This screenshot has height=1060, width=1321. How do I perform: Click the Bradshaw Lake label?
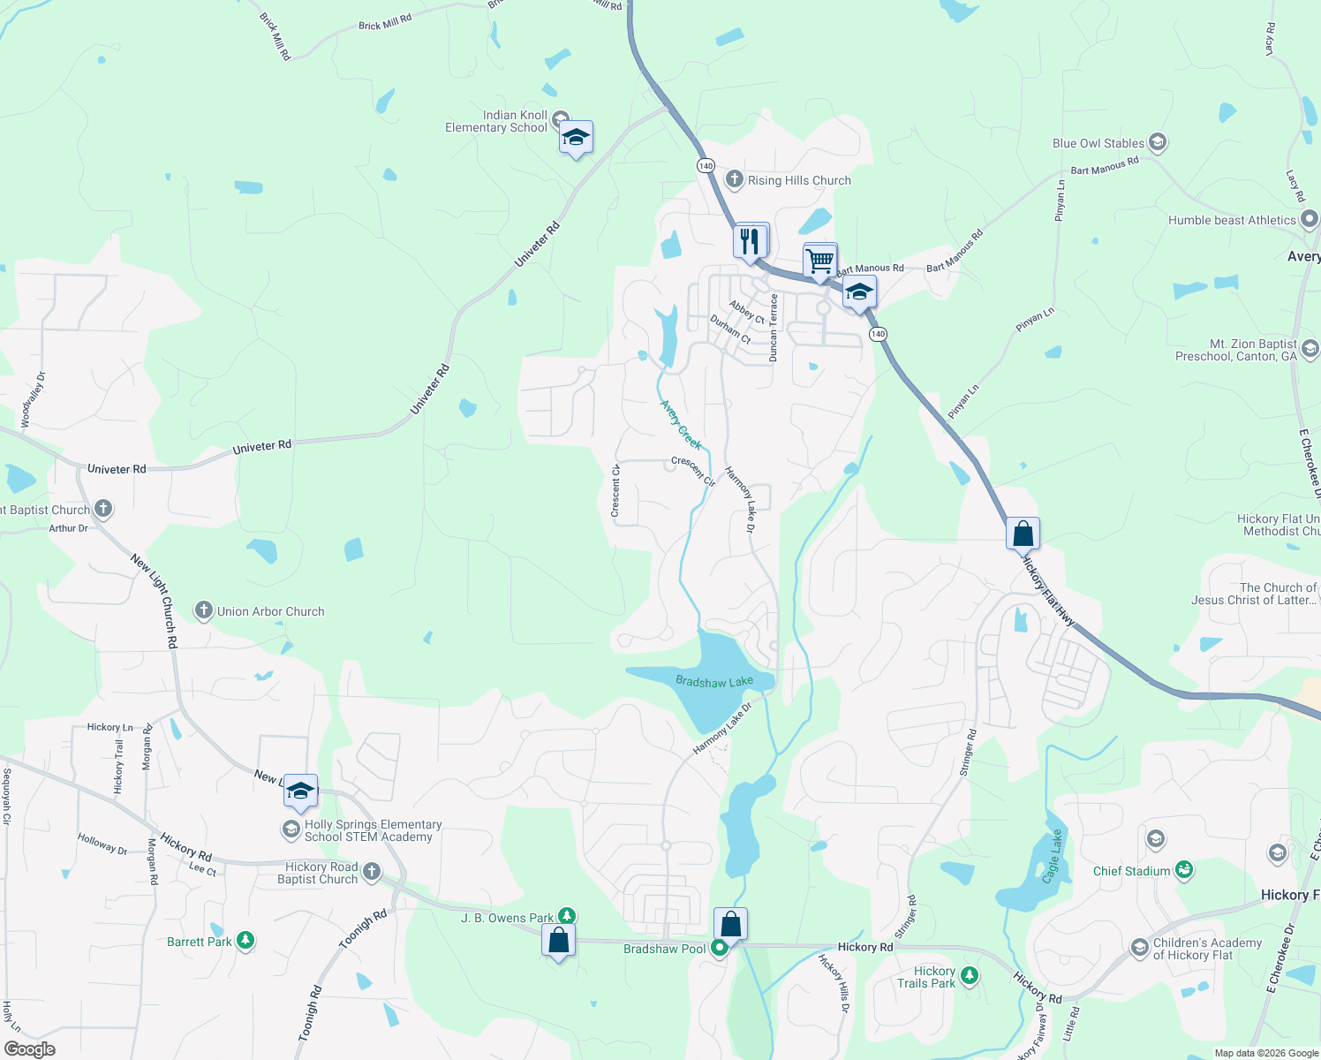point(714,681)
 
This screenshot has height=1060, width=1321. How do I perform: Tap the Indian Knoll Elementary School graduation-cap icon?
point(576,138)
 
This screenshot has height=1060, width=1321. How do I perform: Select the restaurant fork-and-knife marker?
point(751,240)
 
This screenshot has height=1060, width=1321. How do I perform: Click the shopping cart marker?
point(820,261)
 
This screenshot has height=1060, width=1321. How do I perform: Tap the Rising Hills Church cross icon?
point(734,179)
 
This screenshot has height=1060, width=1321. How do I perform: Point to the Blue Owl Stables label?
point(1098,143)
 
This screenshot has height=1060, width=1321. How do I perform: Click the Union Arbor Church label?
point(271,611)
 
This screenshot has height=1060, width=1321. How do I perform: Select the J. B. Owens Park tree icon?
point(567,917)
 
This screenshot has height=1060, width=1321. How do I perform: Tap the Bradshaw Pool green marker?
point(720,948)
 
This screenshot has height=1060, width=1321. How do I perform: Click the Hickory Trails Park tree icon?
point(970,976)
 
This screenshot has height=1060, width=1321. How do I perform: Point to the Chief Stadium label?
point(1131,871)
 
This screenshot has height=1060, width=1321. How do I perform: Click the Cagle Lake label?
point(1052,856)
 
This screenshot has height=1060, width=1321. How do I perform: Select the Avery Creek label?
point(681,425)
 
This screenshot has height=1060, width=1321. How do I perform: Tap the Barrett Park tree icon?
point(245,941)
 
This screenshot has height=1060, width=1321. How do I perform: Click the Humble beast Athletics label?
point(1232,220)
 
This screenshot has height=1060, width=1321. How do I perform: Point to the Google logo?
point(30,1049)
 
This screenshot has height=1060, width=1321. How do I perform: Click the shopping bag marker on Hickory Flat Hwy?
point(1023,534)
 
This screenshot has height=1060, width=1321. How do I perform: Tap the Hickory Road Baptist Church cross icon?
point(372,872)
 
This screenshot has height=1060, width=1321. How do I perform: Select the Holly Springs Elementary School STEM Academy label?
point(373,830)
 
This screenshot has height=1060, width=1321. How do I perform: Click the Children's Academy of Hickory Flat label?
point(1207,949)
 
